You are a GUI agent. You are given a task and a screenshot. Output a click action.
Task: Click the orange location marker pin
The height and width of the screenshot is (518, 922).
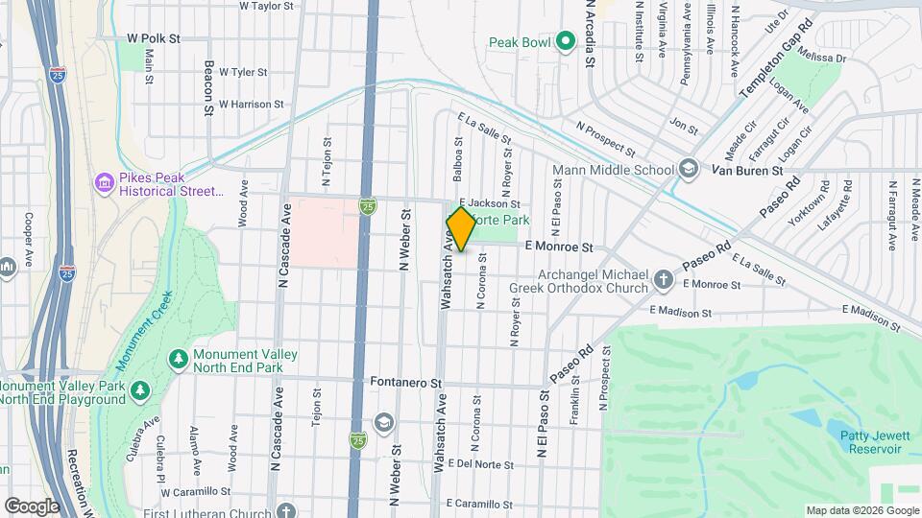click(x=461, y=229)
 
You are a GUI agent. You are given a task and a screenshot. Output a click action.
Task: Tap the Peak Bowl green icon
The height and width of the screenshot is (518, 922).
click(x=566, y=42)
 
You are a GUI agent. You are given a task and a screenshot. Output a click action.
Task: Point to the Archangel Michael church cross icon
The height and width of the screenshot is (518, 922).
click(x=663, y=279)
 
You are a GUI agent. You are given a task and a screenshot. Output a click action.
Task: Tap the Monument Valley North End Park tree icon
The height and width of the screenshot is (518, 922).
click(x=178, y=359)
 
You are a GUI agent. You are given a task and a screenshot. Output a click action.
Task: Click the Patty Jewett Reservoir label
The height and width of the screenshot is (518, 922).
click(x=873, y=441)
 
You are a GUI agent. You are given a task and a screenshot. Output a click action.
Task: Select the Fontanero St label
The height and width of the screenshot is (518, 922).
click(x=405, y=382)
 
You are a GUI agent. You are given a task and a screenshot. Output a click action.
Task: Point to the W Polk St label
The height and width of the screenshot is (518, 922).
click(x=154, y=38)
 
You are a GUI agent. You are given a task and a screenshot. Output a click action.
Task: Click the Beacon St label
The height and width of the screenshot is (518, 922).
click(x=208, y=89)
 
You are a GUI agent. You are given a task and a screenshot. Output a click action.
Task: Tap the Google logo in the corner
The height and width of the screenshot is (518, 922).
click(x=31, y=506)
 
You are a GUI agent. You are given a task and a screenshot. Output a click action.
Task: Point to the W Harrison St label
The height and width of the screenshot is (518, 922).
click(x=252, y=104)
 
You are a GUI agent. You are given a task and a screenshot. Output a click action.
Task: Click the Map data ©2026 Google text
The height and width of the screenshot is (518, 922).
click(x=862, y=510)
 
